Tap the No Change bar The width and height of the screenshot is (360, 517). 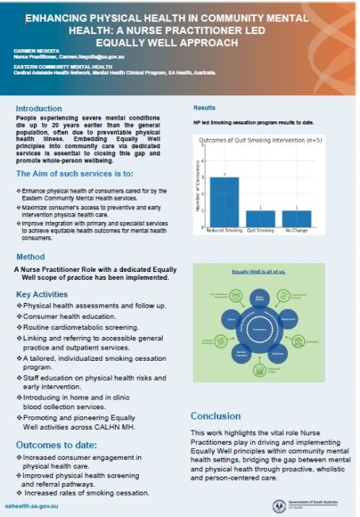(x=296, y=218)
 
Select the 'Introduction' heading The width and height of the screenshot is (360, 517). (x=39, y=109)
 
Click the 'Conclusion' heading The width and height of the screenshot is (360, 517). (x=215, y=416)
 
